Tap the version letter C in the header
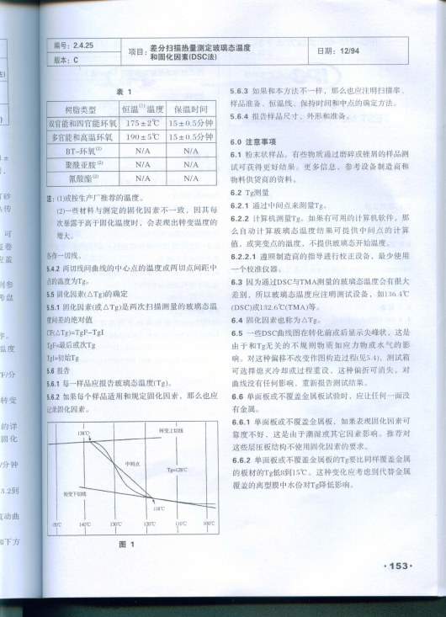click(76, 60)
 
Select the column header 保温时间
click(190, 109)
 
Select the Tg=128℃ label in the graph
click(177, 468)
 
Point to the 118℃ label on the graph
click(157, 507)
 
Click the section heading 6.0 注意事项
click(254, 142)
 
